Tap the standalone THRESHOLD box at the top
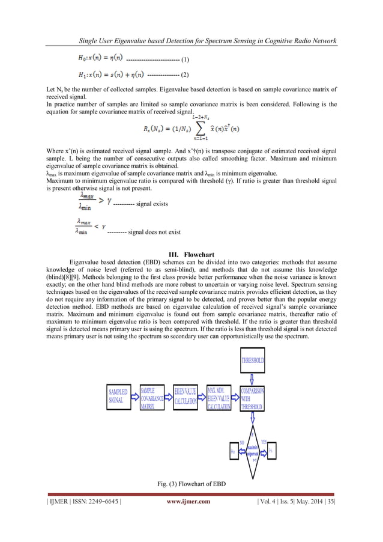pos(253,361)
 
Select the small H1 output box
pos(271,451)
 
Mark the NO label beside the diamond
pos(241,442)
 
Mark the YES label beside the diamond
pos(265,440)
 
